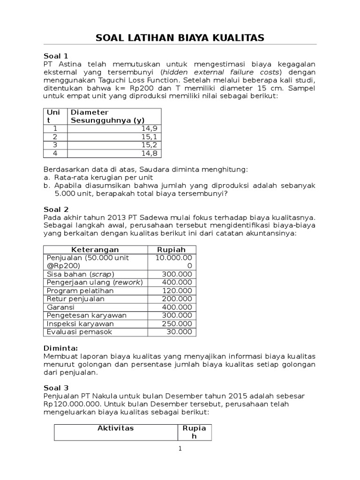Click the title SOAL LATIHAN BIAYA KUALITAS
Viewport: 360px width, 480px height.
point(180,37)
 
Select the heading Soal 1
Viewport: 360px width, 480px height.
point(56,55)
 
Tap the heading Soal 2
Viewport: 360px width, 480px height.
point(56,209)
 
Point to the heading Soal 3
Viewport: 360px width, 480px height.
point(56,388)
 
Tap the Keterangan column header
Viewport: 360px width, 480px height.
point(95,249)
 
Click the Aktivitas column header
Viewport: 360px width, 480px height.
point(115,428)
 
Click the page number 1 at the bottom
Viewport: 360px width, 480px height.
point(180,449)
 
